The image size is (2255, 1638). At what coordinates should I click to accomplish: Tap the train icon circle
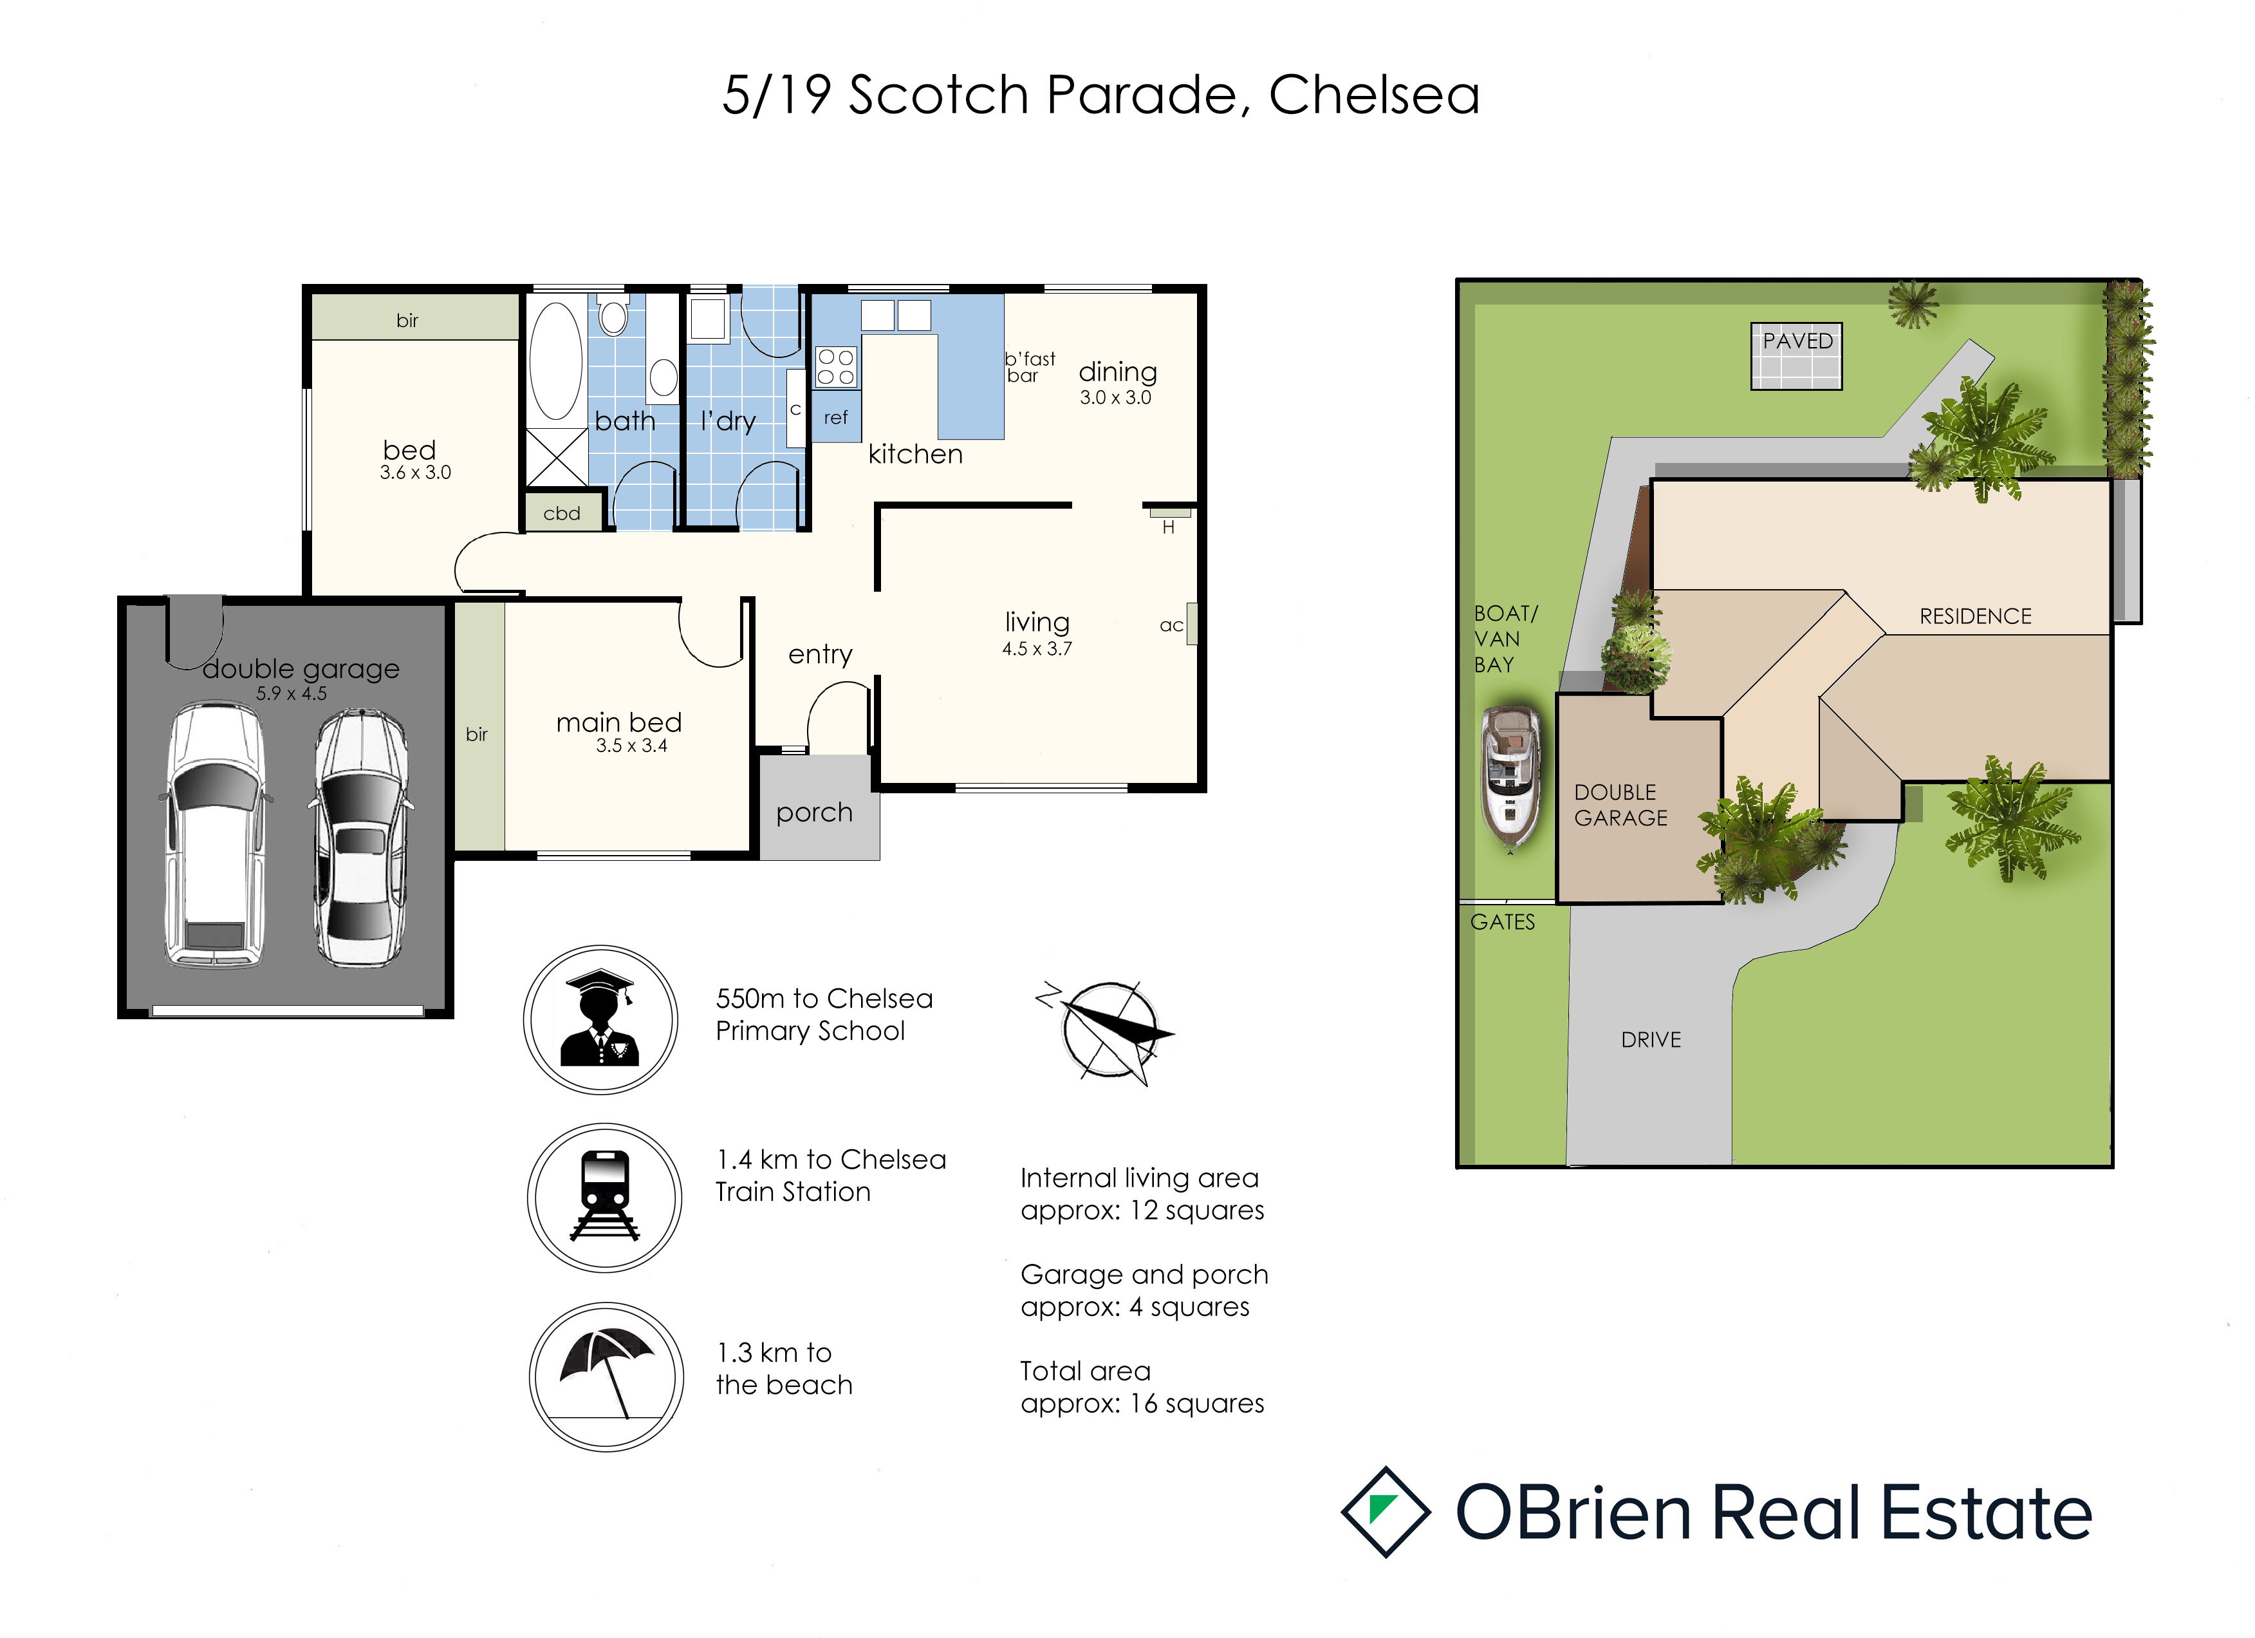[604, 1198]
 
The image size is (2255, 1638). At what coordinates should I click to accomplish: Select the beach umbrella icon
[606, 1377]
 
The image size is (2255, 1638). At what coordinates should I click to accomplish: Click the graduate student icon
[600, 1019]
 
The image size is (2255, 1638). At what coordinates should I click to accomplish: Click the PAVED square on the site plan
[1797, 356]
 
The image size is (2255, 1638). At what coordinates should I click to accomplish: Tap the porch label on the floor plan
[814, 813]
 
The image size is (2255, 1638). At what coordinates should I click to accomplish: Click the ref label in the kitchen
[835, 418]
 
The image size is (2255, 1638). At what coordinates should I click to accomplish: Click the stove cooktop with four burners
[835, 366]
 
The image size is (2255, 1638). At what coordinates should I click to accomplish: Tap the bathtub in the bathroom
[556, 361]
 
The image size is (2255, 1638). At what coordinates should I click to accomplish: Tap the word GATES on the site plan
[1502, 922]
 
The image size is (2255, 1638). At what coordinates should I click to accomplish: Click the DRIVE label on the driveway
[1651, 1039]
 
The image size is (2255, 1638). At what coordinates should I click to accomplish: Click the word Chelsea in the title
[1374, 95]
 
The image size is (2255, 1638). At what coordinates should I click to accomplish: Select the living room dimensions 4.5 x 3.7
[1037, 648]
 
